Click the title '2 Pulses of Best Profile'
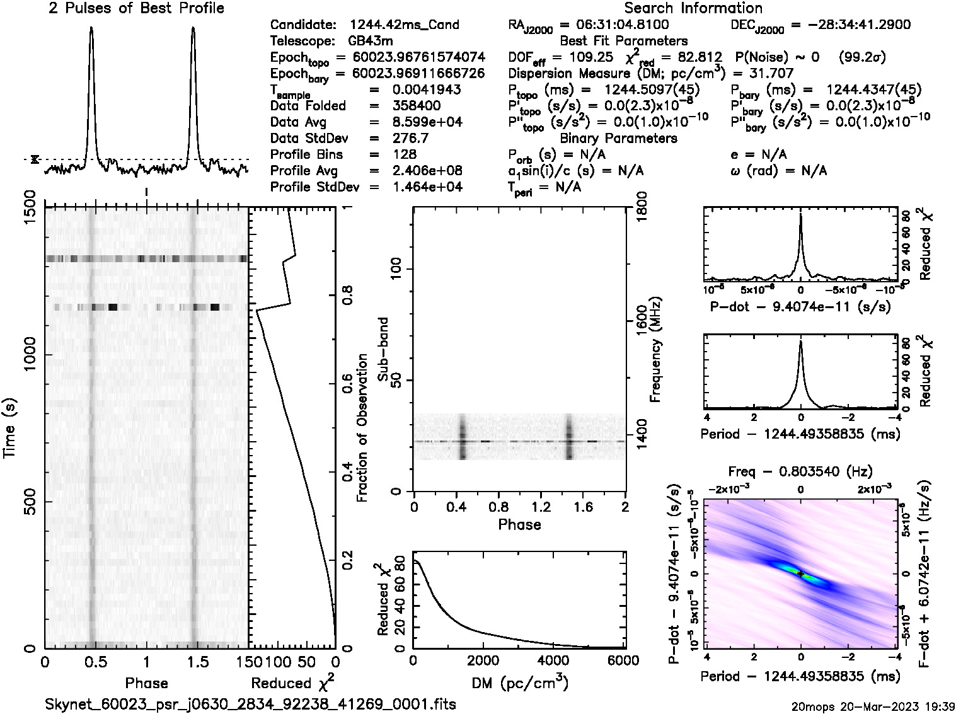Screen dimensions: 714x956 click(136, 9)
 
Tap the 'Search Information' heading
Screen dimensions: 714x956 click(693, 9)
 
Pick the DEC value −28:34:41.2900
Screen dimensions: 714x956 click(850, 25)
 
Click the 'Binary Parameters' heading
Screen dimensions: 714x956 click(618, 138)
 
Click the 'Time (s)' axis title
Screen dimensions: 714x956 click(11, 428)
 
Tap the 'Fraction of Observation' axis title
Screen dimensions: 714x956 click(362, 428)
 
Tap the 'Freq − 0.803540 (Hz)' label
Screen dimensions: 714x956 click(800, 471)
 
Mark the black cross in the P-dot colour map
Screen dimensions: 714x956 click(800, 573)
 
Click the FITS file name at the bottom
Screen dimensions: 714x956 click(250, 704)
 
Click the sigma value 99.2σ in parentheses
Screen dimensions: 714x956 click(863, 57)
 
